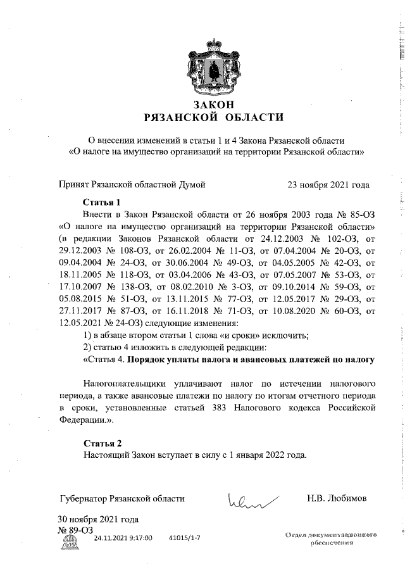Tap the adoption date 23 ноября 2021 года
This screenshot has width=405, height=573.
click(x=328, y=185)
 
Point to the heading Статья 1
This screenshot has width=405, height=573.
click(x=101, y=203)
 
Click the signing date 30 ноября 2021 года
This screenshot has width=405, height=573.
click(x=98, y=520)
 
